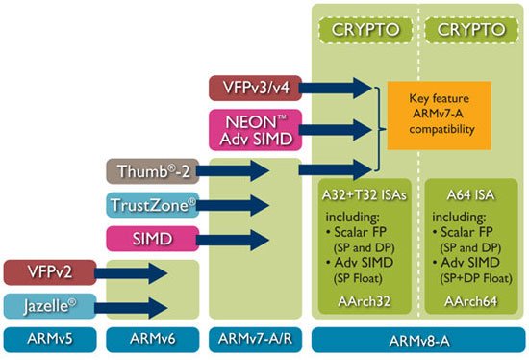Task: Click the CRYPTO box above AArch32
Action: click(x=365, y=29)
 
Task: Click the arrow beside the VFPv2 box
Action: click(x=143, y=274)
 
